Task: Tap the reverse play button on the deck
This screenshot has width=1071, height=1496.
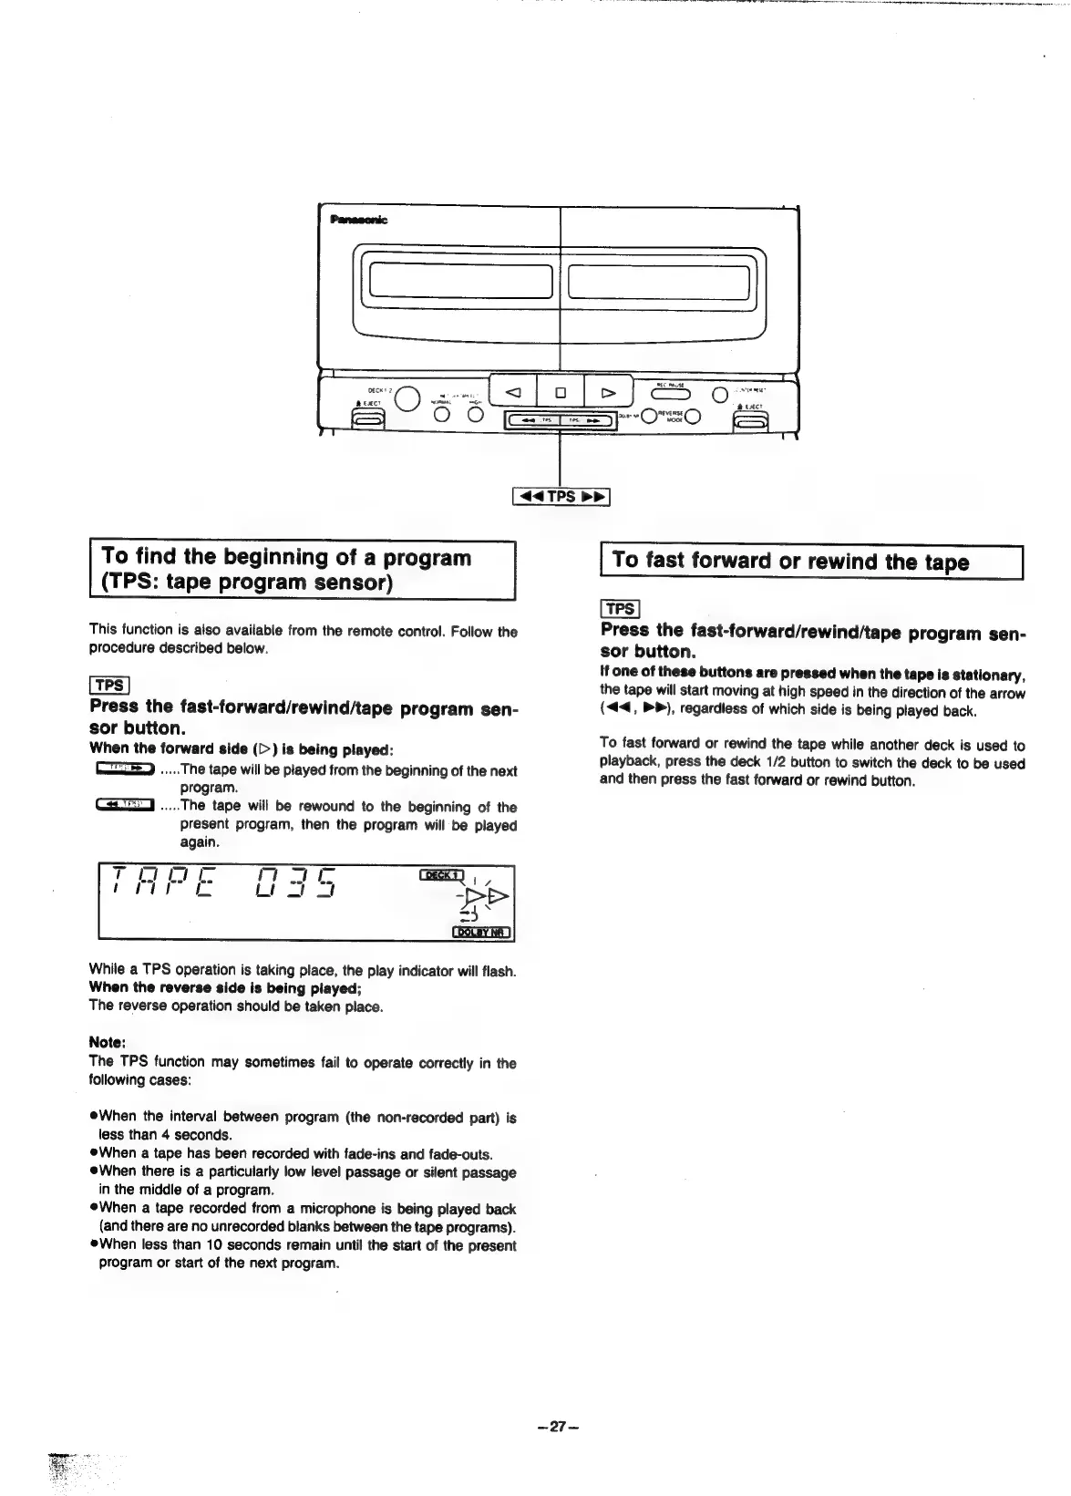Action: pyautogui.click(x=513, y=393)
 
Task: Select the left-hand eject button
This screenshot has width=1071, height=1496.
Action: pyautogui.click(x=369, y=422)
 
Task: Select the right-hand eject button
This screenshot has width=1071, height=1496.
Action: pyautogui.click(x=752, y=422)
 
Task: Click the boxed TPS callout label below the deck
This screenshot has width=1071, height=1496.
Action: pyautogui.click(x=561, y=496)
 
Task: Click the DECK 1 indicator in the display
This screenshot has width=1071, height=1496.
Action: pyautogui.click(x=442, y=875)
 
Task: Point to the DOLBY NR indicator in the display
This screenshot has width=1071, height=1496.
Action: pyautogui.click(x=482, y=932)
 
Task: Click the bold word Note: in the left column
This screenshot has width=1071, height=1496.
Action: pyautogui.click(x=107, y=1042)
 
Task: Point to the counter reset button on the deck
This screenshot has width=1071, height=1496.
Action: pyautogui.click(x=720, y=394)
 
